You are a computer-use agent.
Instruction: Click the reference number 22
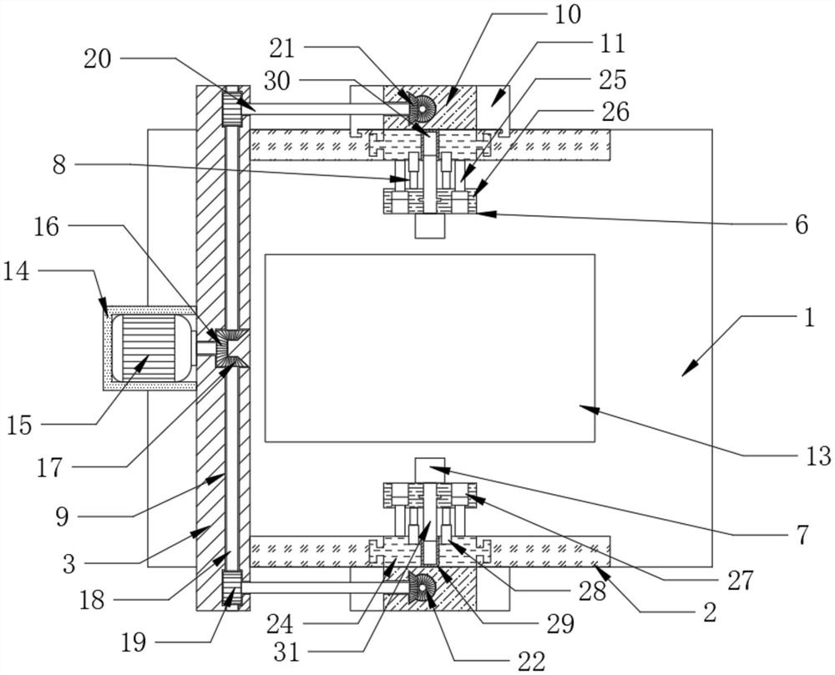tap(531, 661)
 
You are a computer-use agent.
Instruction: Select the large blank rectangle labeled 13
tap(429, 347)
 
